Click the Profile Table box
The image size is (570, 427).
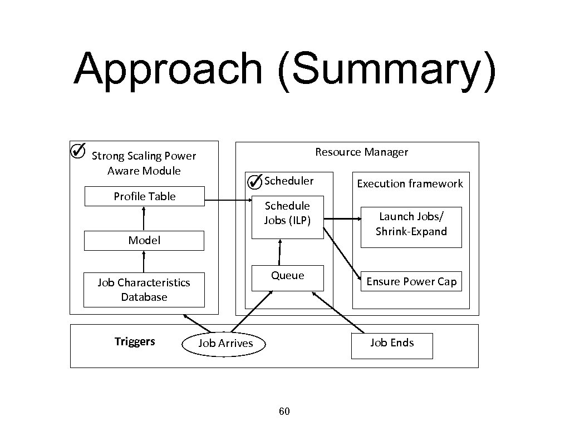(x=144, y=197)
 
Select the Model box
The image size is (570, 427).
(x=144, y=241)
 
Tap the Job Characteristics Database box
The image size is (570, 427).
(x=144, y=290)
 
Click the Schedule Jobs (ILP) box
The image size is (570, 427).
(x=287, y=217)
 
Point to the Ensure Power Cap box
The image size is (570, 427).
(x=411, y=282)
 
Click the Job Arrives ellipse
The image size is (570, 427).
(x=225, y=344)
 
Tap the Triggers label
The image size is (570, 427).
(x=135, y=341)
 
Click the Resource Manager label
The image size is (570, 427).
(x=361, y=152)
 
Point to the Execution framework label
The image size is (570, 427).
(x=410, y=183)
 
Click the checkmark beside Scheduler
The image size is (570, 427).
(x=254, y=181)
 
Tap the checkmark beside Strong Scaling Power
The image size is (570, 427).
(x=78, y=150)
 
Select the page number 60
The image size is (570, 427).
(x=284, y=411)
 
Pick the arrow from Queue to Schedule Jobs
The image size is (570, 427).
(x=279, y=252)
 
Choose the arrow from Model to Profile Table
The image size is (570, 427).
(x=144, y=219)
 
